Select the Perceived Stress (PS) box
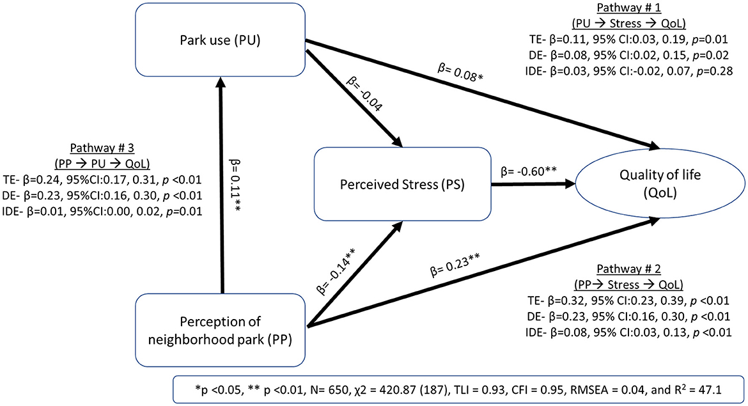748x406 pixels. (401, 187)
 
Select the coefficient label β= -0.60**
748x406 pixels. (528, 171)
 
